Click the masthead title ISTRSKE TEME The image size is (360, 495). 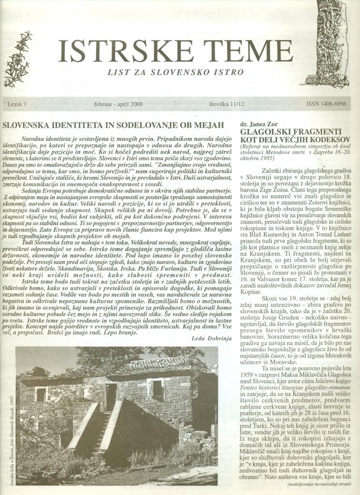tap(175, 51)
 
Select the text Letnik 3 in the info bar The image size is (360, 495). tap(17, 104)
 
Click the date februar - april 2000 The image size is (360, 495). tap(119, 104)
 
